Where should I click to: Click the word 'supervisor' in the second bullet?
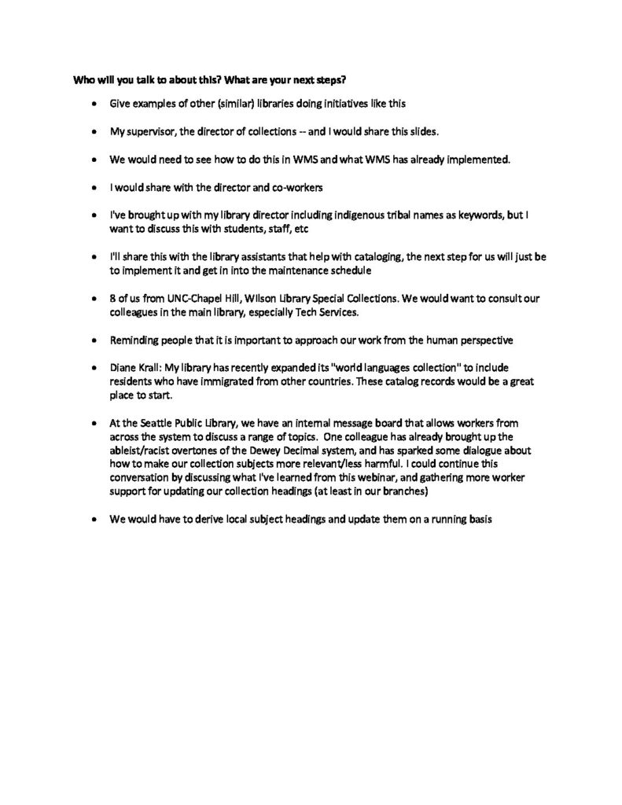(x=150, y=131)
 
